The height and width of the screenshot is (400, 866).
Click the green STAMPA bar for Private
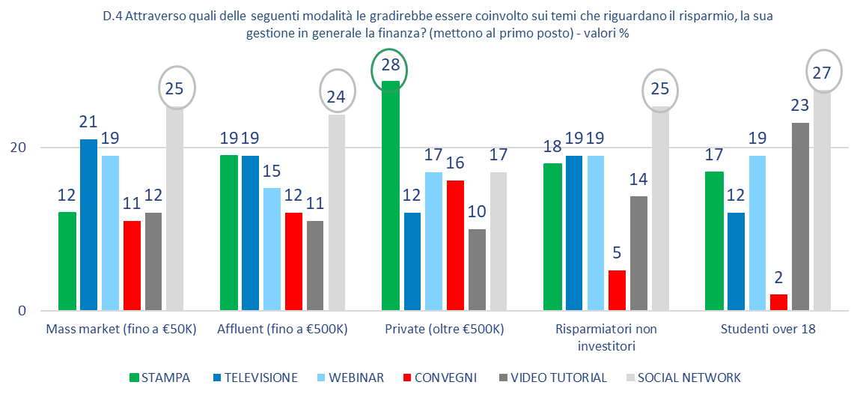(391, 196)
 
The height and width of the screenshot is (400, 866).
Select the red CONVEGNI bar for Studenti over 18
(778, 302)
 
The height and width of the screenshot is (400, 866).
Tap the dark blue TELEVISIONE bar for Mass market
(89, 225)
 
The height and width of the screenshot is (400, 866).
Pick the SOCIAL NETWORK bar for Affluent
(337, 212)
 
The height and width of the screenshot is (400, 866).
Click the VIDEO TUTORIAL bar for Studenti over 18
(800, 216)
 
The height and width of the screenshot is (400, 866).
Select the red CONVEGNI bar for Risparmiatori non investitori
(617, 290)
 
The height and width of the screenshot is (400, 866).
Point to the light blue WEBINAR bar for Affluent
(272, 249)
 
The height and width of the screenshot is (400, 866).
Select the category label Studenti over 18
(767, 330)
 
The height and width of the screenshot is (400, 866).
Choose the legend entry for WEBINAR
(353, 378)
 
